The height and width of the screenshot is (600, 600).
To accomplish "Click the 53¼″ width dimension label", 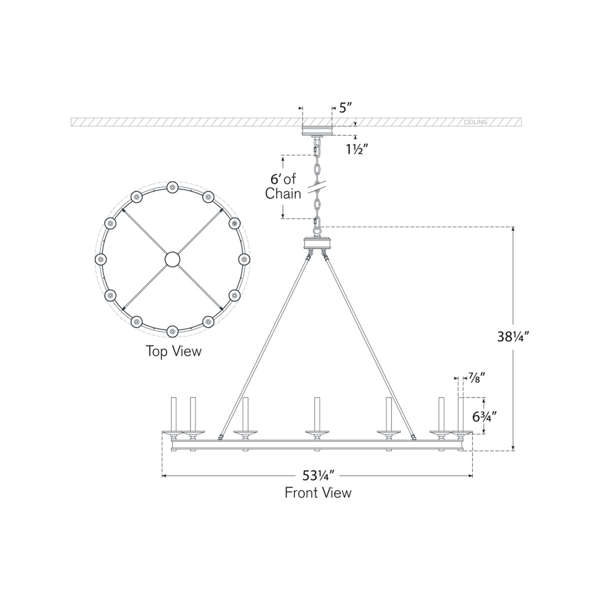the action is (318, 475).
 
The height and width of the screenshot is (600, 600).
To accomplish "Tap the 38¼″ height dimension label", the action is (513, 336).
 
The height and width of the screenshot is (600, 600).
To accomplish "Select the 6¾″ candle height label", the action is (484, 416).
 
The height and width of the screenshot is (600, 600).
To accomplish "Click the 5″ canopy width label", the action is (345, 108).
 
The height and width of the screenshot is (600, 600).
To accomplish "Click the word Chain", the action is (283, 193).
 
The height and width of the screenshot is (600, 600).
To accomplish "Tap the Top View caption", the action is (173, 351).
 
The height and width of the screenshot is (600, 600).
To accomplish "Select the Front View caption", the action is (318, 493).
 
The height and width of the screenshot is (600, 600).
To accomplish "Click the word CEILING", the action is (475, 122).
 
